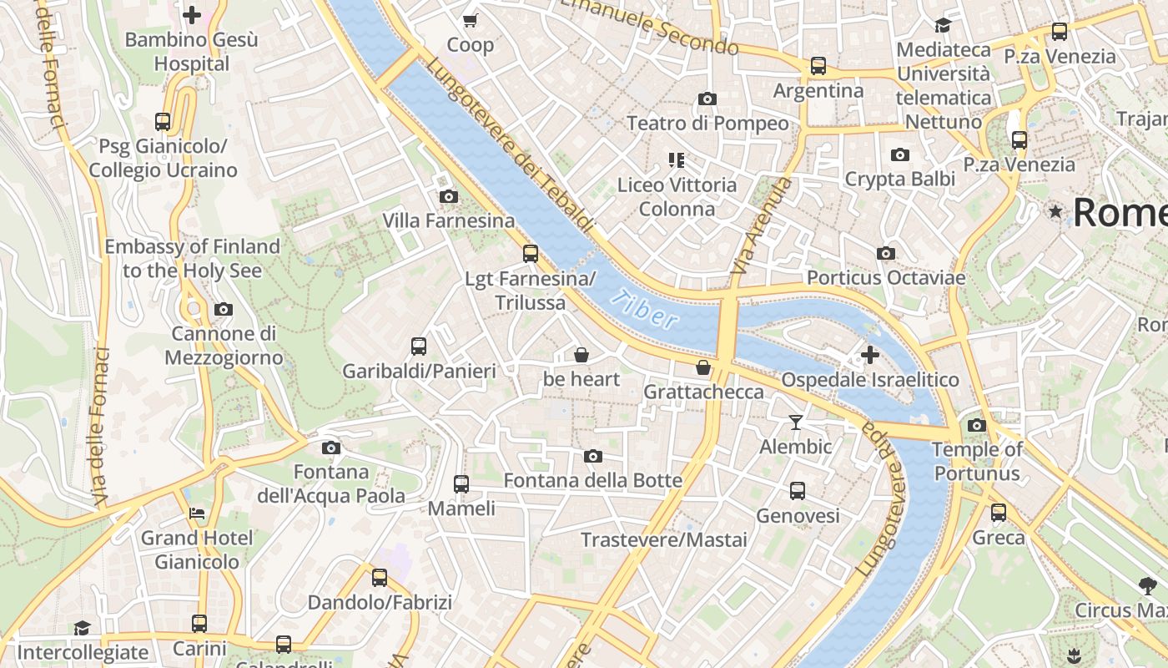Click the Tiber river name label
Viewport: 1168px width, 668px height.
pos(643,309)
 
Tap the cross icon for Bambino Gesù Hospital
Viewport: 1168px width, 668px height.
pos(192,15)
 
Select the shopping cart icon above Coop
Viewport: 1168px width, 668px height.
pos(471,20)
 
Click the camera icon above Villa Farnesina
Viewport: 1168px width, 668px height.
pos(448,197)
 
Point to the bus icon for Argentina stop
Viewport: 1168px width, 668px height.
pos(818,66)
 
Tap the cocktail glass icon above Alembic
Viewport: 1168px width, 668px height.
pos(796,423)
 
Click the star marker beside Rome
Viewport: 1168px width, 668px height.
pos(1056,211)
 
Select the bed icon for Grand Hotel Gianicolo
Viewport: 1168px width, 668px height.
pos(197,514)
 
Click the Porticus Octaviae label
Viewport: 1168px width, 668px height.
pos(885,277)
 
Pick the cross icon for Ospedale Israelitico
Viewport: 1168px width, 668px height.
pos(870,356)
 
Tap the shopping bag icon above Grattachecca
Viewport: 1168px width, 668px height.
pos(703,367)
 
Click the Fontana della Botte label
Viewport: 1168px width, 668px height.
pos(593,480)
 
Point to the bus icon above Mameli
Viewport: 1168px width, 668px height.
pos(461,484)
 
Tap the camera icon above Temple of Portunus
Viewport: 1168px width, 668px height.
pos(977,426)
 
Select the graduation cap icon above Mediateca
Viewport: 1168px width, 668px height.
pos(943,25)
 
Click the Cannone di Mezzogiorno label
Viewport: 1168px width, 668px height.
pos(224,346)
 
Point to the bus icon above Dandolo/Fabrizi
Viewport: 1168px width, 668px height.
pos(380,578)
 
